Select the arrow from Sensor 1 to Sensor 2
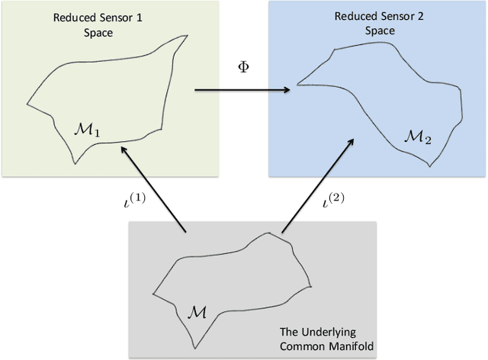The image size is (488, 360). click(x=242, y=91)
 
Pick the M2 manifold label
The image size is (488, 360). click(x=418, y=137)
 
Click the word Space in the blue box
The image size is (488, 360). click(x=380, y=31)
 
